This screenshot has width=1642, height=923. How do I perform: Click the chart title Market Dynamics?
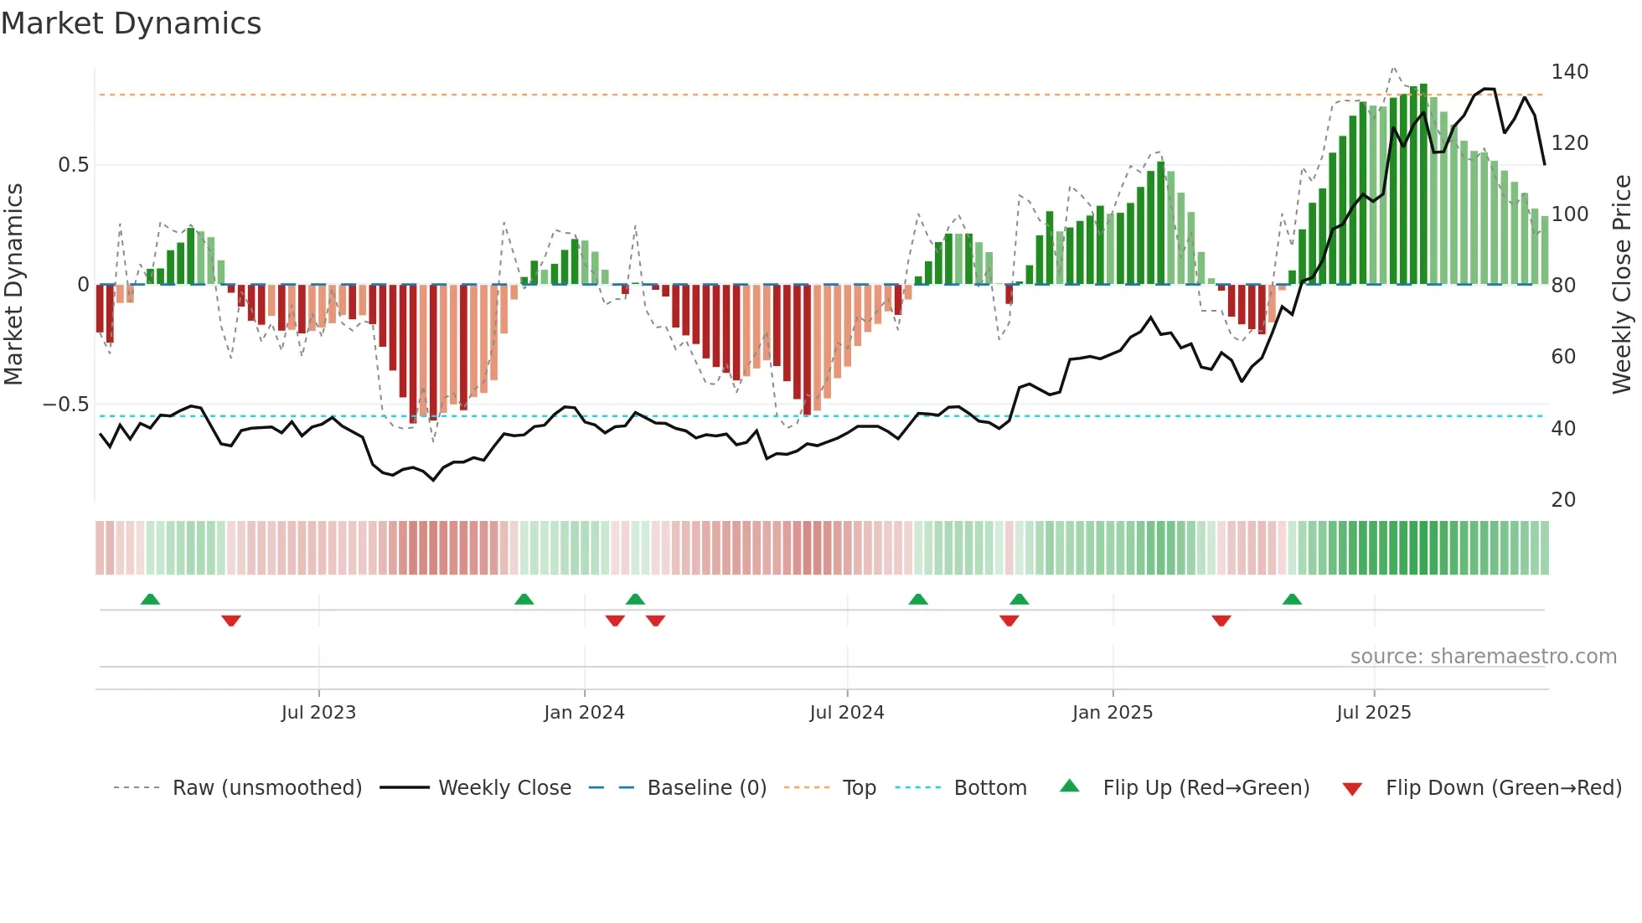pos(131,23)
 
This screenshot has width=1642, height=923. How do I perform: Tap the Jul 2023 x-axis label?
pos(318,713)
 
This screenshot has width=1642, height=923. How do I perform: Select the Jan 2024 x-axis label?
pos(584,713)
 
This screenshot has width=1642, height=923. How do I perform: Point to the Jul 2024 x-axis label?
pos(847,713)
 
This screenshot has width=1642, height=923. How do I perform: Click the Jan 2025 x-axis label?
pos(1113,713)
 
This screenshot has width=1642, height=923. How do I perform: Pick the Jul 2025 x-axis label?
pos(1374,713)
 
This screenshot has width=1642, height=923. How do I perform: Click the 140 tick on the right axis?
pos(1569,72)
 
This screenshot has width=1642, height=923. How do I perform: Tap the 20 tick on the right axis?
pos(1563,500)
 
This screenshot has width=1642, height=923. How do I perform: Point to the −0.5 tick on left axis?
pos(66,405)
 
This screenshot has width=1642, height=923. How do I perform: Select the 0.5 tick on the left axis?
pos(73,165)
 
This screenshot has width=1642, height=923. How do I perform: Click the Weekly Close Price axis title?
pos(1622,285)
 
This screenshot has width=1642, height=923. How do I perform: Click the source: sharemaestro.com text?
pos(1483,657)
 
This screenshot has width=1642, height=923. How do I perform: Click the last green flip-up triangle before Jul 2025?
pos(1292,599)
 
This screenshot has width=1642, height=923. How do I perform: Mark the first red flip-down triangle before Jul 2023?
pos(231,621)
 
